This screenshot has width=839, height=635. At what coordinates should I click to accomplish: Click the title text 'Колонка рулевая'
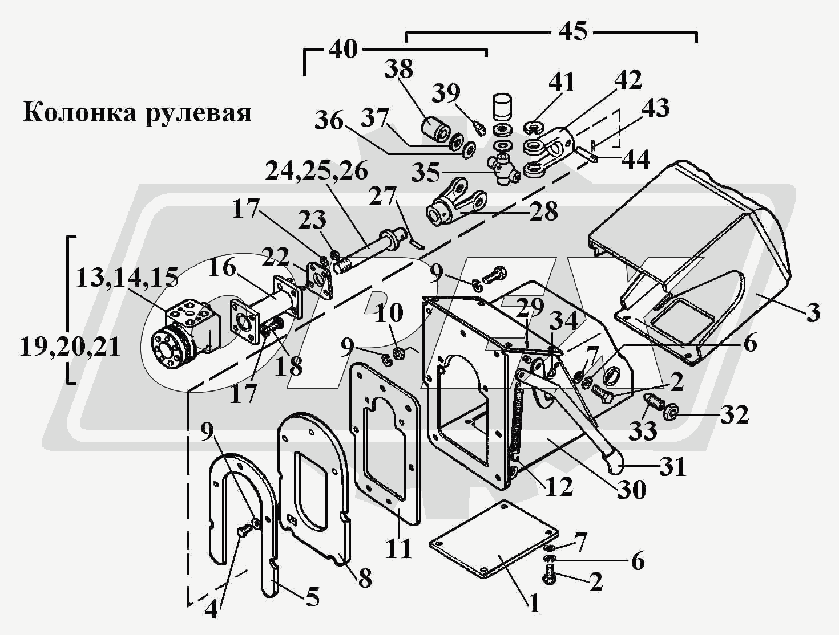(x=138, y=113)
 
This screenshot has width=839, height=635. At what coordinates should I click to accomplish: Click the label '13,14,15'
(x=127, y=278)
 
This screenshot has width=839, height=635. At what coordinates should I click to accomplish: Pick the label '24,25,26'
(x=317, y=171)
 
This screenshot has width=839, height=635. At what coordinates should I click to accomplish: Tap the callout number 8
(x=364, y=577)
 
